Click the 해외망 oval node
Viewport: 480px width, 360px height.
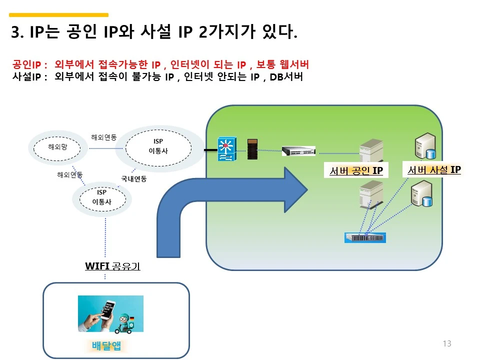click(57, 148)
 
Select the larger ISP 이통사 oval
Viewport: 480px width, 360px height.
click(158, 148)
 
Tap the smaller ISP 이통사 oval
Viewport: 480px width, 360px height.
click(102, 199)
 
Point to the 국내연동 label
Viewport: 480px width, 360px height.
click(134, 179)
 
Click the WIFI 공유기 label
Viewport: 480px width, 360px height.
click(112, 266)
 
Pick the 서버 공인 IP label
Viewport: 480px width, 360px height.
click(356, 170)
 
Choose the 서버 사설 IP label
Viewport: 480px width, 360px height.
click(434, 169)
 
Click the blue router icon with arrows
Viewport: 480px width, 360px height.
click(227, 149)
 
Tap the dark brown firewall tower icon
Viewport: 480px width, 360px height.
click(252, 149)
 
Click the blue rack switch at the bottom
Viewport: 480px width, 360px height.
click(365, 238)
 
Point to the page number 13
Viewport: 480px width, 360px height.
click(447, 343)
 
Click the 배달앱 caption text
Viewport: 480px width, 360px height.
click(106, 345)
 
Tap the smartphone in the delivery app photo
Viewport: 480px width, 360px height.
click(108, 310)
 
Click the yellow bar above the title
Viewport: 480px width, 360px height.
click(59, 14)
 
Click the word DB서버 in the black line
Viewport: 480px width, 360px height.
click(286, 76)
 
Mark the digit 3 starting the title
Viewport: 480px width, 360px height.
click(15, 32)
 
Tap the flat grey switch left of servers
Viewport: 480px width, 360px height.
click(298, 151)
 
